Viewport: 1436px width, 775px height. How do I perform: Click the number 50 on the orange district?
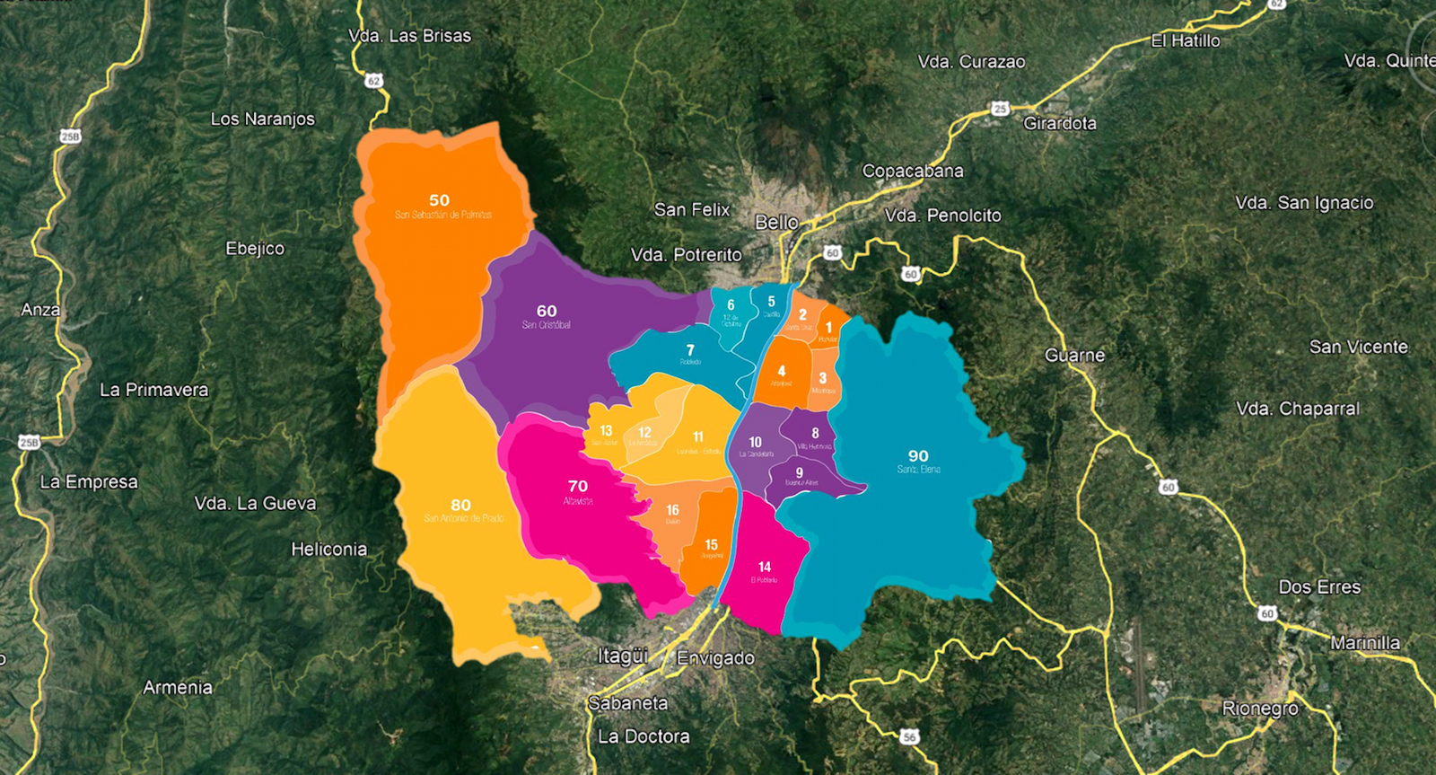coord(439,200)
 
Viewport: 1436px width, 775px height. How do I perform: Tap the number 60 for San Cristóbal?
coord(547,311)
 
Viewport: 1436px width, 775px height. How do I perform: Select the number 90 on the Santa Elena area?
coord(918,456)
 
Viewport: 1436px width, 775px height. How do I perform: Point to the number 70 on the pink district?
coord(578,486)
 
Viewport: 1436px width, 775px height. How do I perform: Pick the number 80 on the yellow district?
coord(461,505)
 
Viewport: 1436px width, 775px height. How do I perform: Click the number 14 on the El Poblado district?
coord(765,567)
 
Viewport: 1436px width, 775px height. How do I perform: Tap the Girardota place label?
coord(1060,123)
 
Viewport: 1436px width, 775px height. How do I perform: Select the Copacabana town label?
coord(913,171)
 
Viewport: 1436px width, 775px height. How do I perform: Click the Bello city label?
coord(777,222)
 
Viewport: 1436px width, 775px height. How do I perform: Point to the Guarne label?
coord(1074,356)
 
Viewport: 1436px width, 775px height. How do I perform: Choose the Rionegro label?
coord(1260,709)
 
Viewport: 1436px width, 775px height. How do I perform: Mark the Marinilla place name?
coord(1365,643)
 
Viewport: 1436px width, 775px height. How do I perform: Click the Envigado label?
coord(715,658)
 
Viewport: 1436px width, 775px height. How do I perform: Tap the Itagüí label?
coord(623,656)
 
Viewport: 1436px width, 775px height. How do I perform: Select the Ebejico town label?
coord(255,249)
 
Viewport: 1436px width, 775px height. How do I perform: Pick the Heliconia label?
coord(328,550)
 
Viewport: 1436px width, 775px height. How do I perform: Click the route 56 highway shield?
coord(910,736)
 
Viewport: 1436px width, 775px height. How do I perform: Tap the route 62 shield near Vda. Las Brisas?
coord(373,81)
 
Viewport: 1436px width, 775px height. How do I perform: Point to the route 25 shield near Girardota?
coord(1000,109)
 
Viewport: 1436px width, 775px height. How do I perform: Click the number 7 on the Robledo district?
coord(690,350)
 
